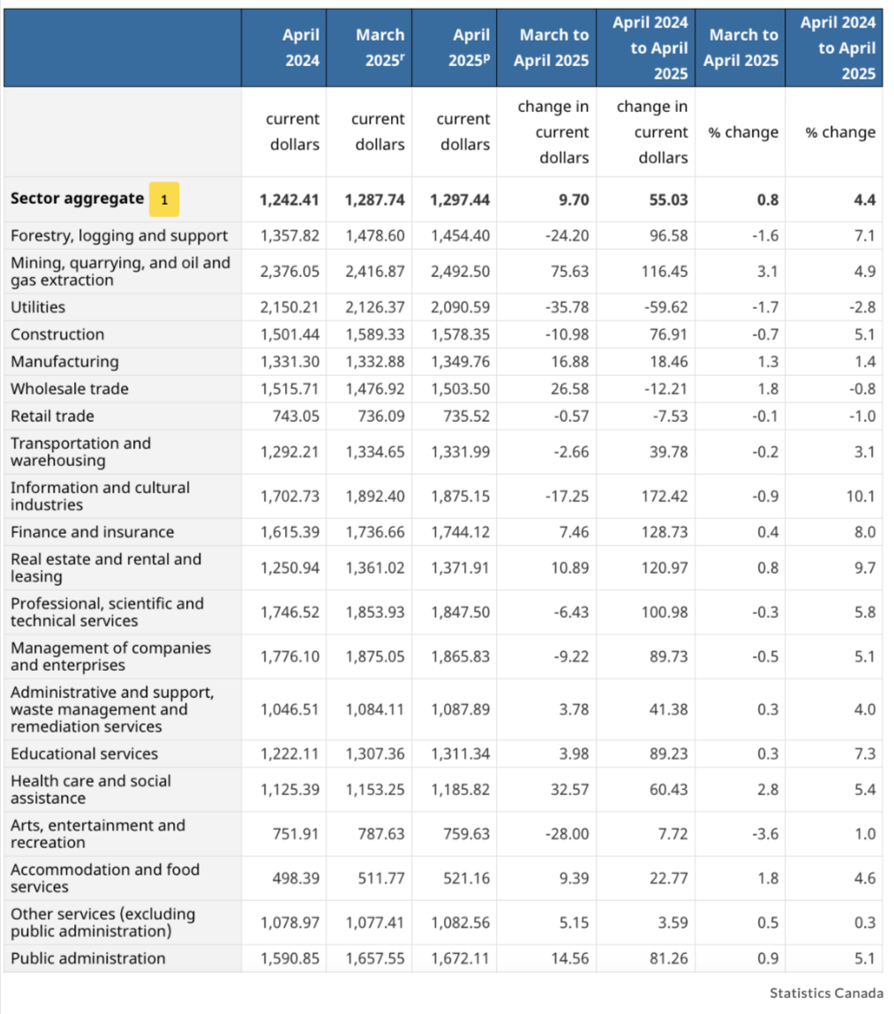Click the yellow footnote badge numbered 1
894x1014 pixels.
(x=164, y=199)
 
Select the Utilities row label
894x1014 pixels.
(x=38, y=307)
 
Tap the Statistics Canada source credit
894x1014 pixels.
(x=826, y=993)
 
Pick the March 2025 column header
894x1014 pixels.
(x=380, y=48)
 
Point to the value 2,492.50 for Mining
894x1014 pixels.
(x=460, y=272)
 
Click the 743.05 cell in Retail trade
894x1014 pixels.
(x=296, y=416)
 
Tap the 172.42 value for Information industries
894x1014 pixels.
(x=665, y=496)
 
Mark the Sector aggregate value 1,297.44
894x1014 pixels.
(x=460, y=199)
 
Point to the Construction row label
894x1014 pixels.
(x=57, y=334)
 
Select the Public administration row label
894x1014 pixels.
(x=88, y=958)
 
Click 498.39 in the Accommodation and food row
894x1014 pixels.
(x=296, y=878)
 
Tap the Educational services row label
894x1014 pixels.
(x=84, y=754)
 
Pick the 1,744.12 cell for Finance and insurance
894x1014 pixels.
(x=460, y=532)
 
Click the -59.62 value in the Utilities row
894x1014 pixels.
(x=666, y=307)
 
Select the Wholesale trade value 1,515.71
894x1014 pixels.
(x=289, y=388)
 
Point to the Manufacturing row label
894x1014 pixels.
(x=64, y=362)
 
